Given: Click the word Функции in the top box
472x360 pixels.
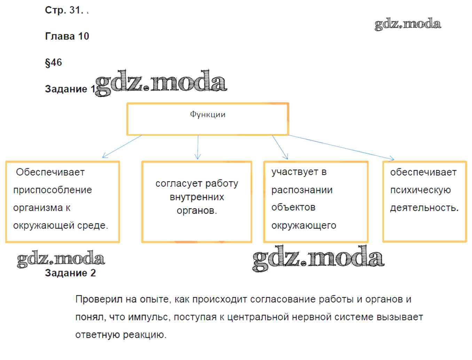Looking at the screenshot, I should point(207,114).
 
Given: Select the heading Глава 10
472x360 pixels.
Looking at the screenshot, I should point(67,36).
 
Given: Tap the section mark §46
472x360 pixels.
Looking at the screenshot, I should point(53,63).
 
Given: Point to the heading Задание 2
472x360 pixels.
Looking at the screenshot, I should point(70,273).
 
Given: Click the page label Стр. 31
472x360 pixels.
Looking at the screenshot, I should point(64,10).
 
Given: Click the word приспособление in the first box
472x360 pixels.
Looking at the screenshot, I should point(53,190).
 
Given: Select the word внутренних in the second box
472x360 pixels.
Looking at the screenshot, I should point(197,197).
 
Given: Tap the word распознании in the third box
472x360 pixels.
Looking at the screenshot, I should point(302,190).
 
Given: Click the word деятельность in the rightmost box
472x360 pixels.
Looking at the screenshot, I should point(423,208).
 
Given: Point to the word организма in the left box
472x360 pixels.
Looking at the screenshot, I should point(38,208).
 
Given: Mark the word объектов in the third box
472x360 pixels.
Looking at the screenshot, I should point(293,207).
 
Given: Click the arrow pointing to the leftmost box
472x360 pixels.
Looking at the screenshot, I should point(122,146).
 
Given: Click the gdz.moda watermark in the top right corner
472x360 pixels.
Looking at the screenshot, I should point(408,24).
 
